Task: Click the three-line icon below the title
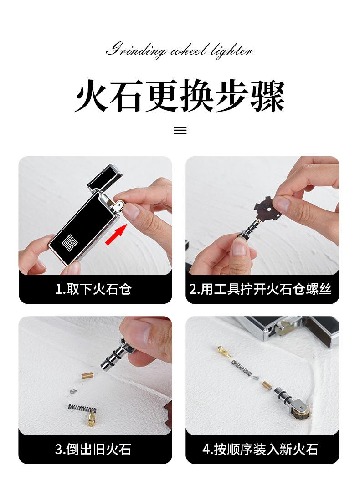[x=180, y=130]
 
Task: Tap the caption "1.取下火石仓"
[x=93, y=289]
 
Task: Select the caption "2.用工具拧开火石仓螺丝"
[x=260, y=289]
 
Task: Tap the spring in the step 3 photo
[x=82, y=408]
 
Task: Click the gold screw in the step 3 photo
[x=91, y=419]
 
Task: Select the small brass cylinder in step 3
[x=87, y=375]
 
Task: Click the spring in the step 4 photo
[x=242, y=368]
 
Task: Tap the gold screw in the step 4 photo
[x=224, y=352]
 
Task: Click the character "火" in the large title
[x=92, y=96]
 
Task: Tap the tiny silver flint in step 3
[x=73, y=391]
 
